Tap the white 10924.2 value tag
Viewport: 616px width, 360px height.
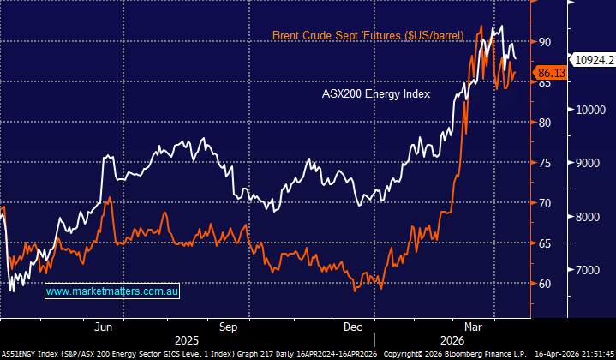[x=594, y=60]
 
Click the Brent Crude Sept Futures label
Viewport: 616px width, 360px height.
[x=368, y=35]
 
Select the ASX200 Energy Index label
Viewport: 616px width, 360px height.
[x=376, y=93]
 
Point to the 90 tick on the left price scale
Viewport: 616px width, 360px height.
[x=545, y=41]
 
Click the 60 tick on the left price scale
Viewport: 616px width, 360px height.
[x=545, y=284]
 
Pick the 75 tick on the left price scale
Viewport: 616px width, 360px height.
[x=545, y=163]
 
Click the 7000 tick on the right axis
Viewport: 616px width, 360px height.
[x=592, y=270]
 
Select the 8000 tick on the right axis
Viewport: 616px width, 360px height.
[x=592, y=217]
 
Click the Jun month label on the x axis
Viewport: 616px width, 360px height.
[x=103, y=327]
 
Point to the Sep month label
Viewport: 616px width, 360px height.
[x=228, y=327]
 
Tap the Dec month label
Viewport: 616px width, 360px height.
[x=353, y=327]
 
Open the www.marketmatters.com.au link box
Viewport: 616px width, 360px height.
[x=111, y=291]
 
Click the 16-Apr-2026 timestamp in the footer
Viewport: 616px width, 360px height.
[x=570, y=353]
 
